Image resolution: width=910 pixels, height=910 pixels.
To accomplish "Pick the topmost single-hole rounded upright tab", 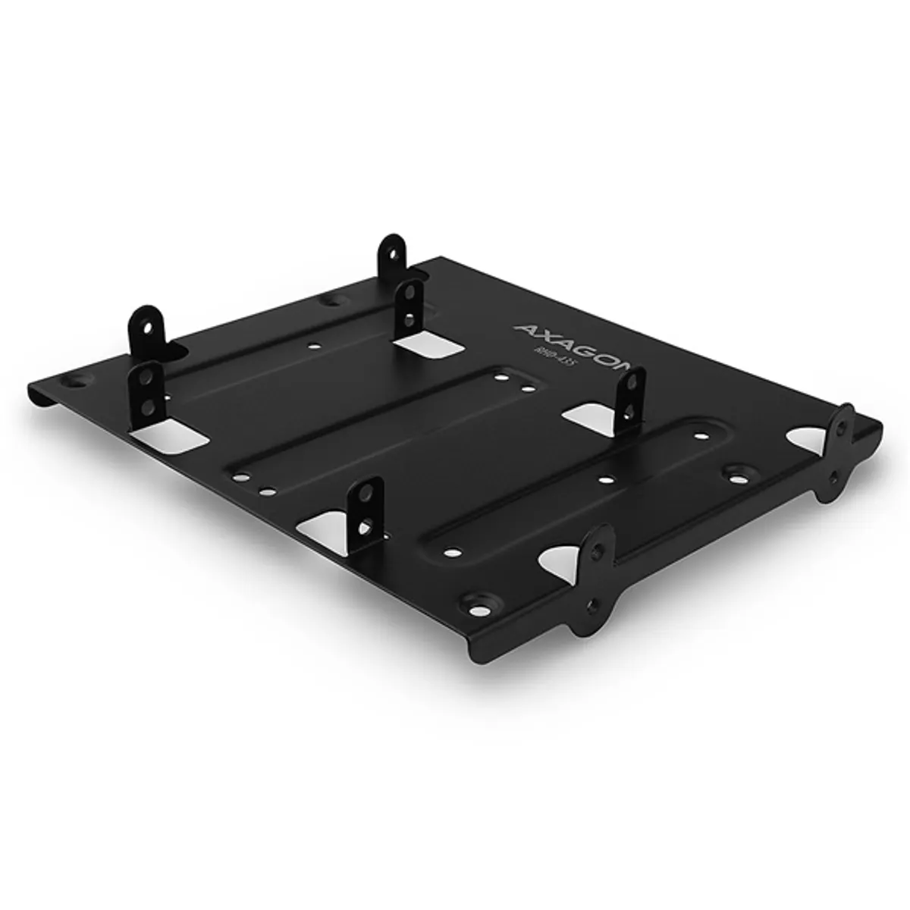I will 393,255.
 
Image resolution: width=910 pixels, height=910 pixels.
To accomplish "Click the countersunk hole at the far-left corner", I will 75,377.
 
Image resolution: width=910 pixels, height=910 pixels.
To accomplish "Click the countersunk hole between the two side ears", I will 735,476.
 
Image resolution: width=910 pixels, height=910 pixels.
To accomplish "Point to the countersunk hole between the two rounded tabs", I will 330,302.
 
